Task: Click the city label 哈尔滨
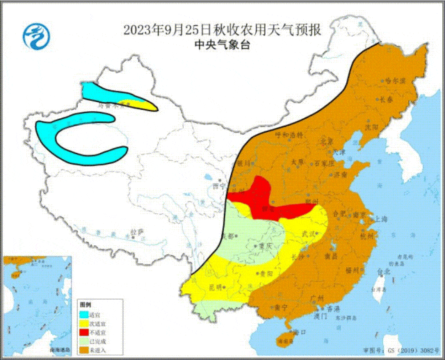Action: pyautogui.click(x=395, y=81)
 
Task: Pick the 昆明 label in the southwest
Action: pyautogui.click(x=215, y=286)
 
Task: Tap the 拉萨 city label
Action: pyautogui.click(x=137, y=231)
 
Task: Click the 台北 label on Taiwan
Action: pyautogui.click(x=383, y=272)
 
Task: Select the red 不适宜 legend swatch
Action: pyautogui.click(x=84, y=332)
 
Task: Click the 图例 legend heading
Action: pyautogui.click(x=85, y=305)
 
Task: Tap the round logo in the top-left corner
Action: pyautogui.click(x=33, y=35)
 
